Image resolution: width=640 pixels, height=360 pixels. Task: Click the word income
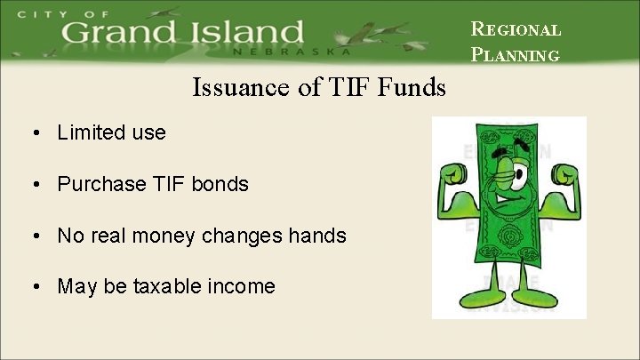tap(242, 287)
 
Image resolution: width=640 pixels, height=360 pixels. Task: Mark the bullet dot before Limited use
tap(33, 133)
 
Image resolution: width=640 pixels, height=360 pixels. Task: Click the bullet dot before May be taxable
tap(33, 287)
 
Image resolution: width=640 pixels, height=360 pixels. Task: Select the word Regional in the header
tap(516, 29)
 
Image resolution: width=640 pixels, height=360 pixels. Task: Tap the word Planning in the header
tap(515, 55)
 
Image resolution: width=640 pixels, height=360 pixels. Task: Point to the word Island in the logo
tap(249, 34)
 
